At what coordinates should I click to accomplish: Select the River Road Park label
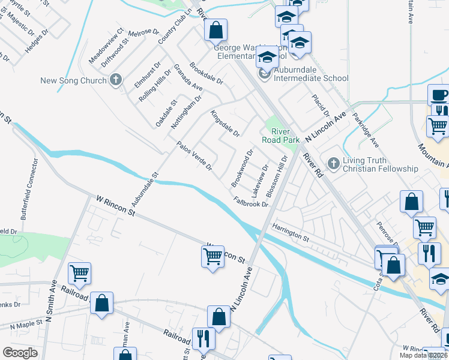point(280,136)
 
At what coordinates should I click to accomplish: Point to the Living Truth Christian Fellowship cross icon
point(334,163)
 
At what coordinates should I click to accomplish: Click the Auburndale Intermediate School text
point(311,78)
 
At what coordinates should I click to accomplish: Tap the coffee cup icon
point(438,95)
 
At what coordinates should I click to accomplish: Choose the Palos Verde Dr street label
point(194,156)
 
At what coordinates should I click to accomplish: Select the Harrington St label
point(289,232)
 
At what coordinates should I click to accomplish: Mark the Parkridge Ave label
point(366,130)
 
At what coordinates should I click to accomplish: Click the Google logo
point(20,353)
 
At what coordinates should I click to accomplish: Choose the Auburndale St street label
point(144,192)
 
